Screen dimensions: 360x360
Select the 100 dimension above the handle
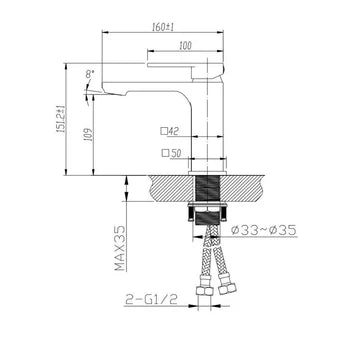(x=185, y=46)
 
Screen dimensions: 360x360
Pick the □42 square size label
(x=168, y=131)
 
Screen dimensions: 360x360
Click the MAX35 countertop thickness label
(x=118, y=247)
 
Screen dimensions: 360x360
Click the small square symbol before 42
(x=162, y=131)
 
